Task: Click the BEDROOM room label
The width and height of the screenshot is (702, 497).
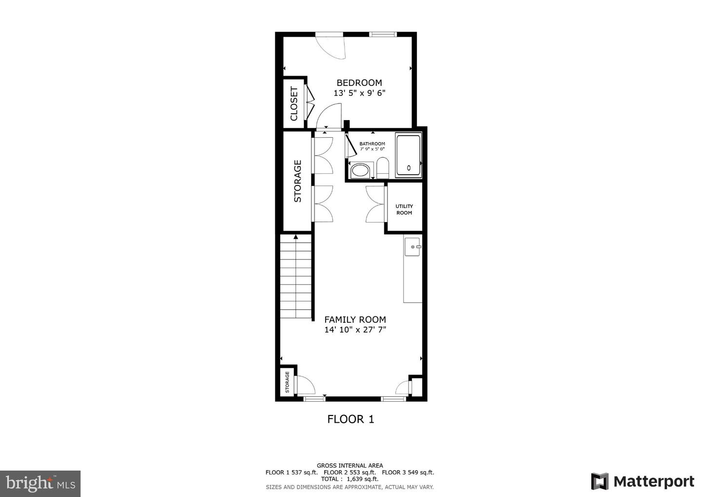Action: pyautogui.click(x=359, y=83)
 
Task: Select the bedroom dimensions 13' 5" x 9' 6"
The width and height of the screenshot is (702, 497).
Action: pyautogui.click(x=359, y=93)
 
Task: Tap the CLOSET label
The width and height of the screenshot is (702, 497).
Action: pyautogui.click(x=294, y=104)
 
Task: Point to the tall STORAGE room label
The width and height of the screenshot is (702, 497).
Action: pyautogui.click(x=297, y=181)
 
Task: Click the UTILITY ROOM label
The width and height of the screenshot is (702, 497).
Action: pyautogui.click(x=404, y=209)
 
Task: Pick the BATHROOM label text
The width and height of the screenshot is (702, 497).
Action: pyautogui.click(x=372, y=144)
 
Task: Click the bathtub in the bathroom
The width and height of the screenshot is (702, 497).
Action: pyautogui.click(x=409, y=155)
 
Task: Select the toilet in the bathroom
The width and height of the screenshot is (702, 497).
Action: pyautogui.click(x=382, y=168)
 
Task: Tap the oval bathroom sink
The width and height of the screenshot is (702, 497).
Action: pyautogui.click(x=361, y=170)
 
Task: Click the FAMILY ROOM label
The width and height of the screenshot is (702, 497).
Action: pyautogui.click(x=355, y=319)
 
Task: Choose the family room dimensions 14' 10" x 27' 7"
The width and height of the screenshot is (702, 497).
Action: pyautogui.click(x=355, y=330)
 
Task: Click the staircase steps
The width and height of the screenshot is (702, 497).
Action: pyautogui.click(x=296, y=278)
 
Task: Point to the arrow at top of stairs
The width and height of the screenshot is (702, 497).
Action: pyautogui.click(x=296, y=237)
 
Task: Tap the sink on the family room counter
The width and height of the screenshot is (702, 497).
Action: pyautogui.click(x=413, y=247)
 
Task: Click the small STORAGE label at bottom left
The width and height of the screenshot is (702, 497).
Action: pyautogui.click(x=287, y=382)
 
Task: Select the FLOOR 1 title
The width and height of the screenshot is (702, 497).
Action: pyautogui.click(x=351, y=419)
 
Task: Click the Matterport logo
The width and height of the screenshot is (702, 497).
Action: pyautogui.click(x=643, y=481)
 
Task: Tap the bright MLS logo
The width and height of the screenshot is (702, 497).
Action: pyautogui.click(x=40, y=483)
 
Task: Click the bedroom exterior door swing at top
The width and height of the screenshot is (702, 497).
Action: pyautogui.click(x=331, y=47)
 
